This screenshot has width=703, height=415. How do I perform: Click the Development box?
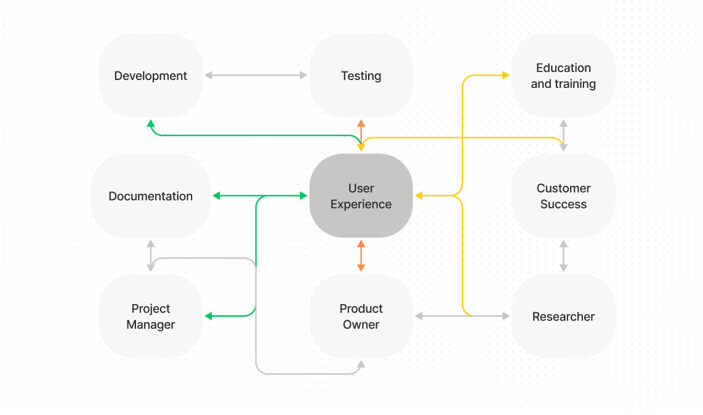pos(151,76)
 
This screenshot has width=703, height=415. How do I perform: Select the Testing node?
pos(361,76)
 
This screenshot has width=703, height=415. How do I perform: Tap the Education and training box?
pos(563,76)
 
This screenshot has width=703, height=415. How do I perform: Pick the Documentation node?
pos(151,196)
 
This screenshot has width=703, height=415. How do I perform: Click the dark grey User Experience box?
pos(361,196)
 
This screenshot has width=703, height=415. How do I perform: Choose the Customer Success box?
pos(563,196)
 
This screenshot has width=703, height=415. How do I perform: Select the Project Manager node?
pos(151,316)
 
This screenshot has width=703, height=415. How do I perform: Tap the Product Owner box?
pos(361,316)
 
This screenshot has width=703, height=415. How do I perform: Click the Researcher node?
pos(563,316)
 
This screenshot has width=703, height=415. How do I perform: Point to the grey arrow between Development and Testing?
pos(255,75)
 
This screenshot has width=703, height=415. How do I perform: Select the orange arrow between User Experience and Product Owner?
pos(361,256)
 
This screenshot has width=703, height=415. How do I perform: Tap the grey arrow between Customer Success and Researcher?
pos(563,256)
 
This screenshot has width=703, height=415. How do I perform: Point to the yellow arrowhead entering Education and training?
pos(506,75)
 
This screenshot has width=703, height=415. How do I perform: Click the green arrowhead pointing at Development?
pos(151,124)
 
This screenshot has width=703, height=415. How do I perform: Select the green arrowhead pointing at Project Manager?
pos(209,316)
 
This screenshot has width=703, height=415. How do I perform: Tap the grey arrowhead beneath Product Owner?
pos(361,364)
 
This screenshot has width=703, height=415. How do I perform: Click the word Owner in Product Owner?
pos(361,324)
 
